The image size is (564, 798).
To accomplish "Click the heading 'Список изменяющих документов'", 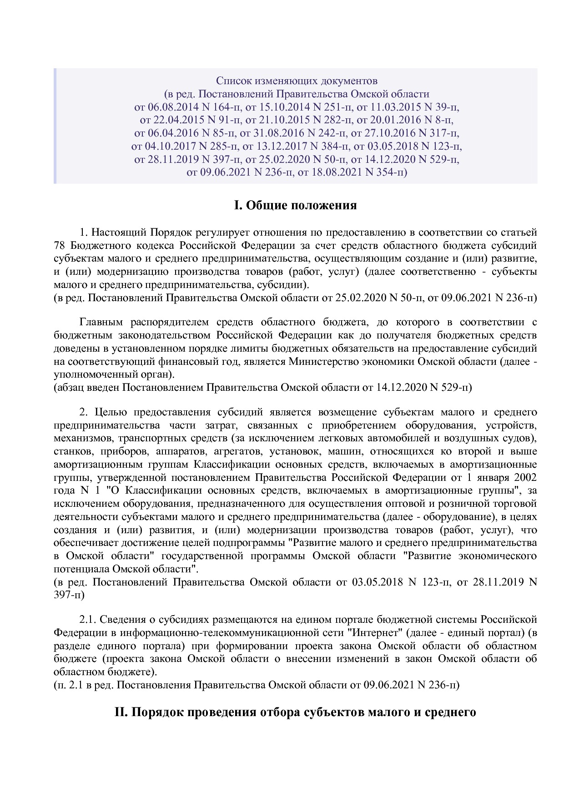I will point(296,81).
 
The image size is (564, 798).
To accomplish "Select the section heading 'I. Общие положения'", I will point(295,205).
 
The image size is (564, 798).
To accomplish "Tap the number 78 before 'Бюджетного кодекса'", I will point(60,246).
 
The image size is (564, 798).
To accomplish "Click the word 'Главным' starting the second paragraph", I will point(101,323).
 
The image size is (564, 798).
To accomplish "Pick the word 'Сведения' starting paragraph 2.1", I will point(121,620).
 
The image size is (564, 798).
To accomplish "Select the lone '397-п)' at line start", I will point(69,595).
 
